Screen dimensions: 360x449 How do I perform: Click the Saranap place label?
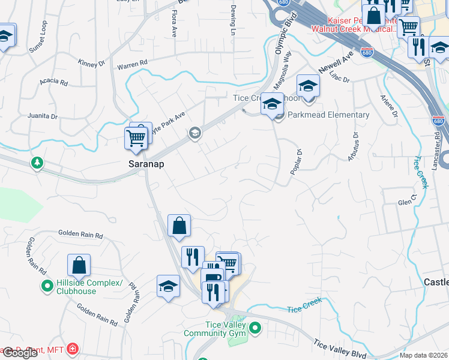click(145, 164)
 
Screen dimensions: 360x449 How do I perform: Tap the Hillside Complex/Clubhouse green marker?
click(46, 287)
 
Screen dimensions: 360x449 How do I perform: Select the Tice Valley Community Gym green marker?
click(255, 328)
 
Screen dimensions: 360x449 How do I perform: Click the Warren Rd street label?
click(132, 64)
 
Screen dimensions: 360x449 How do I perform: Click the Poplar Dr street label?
click(295, 163)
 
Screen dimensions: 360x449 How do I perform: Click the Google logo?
click(20, 353)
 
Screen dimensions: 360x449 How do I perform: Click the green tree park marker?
click(37, 163)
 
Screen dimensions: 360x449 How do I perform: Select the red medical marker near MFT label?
click(73, 349)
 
